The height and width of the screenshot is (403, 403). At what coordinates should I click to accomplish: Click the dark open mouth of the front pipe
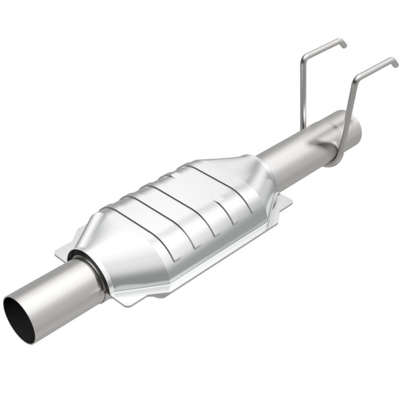point(19,319)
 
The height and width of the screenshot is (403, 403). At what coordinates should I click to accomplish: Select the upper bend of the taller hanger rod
point(358,77)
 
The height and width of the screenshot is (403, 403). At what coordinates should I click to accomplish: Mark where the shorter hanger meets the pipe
point(304,128)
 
